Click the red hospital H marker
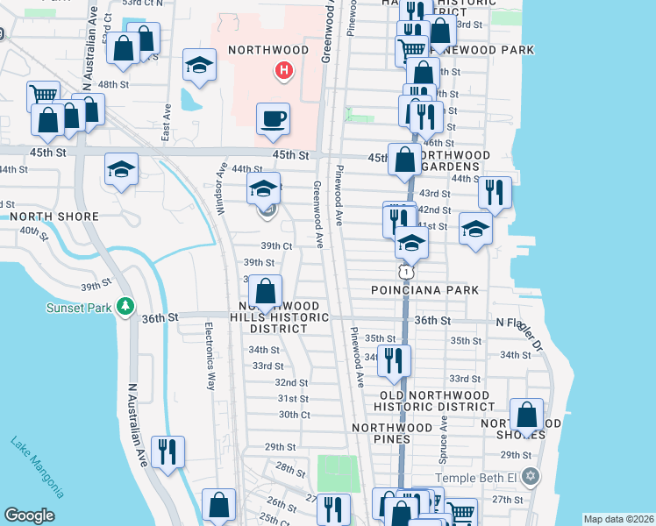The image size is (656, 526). click(283, 69)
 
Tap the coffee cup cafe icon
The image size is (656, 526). click(273, 118)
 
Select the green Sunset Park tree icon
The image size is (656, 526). click(126, 306)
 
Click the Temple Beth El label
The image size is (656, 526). click(475, 478)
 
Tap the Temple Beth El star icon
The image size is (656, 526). click(528, 477)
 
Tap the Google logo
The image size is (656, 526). click(29, 515)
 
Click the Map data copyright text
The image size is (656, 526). click(619, 519)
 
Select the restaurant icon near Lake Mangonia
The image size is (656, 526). click(165, 451)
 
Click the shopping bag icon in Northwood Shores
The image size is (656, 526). click(526, 414)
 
